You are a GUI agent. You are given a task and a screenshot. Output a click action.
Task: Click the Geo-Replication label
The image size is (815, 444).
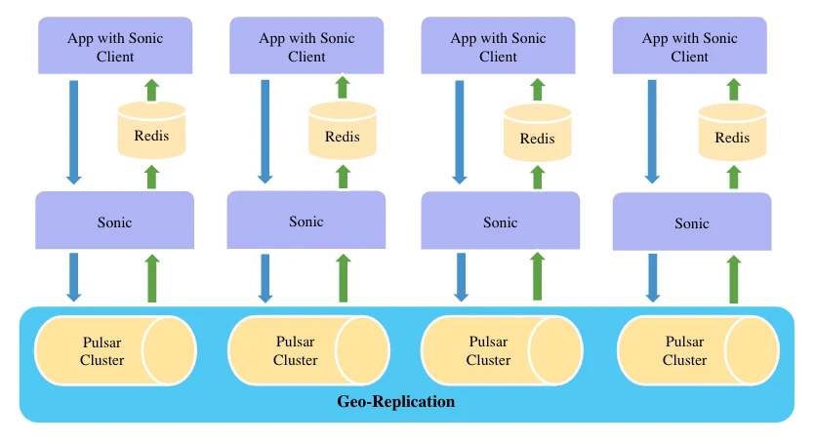395,401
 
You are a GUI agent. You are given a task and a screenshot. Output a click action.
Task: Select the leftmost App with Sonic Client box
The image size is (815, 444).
115,47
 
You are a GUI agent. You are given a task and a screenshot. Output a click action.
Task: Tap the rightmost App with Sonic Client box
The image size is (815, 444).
689,47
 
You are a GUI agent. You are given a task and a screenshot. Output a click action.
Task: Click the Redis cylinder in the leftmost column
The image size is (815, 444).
151,133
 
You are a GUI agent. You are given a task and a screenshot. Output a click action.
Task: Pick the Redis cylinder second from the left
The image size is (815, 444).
342,134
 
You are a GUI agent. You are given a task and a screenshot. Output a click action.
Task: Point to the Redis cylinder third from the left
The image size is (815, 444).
537,136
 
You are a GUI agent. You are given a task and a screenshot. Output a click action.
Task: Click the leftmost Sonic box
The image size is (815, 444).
114,222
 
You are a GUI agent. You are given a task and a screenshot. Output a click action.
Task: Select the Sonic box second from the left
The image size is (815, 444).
306,221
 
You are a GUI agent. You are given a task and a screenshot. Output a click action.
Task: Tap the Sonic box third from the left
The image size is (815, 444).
500,222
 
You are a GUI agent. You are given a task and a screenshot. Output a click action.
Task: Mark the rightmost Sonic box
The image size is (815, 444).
691,222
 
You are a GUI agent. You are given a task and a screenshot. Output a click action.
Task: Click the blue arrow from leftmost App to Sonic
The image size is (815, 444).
73,131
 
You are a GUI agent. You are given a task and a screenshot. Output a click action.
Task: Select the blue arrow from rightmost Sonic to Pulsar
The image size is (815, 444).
653,277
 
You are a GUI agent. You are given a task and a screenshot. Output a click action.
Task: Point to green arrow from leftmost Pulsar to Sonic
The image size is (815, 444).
151,278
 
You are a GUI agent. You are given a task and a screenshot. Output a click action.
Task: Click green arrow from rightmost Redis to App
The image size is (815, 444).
733,90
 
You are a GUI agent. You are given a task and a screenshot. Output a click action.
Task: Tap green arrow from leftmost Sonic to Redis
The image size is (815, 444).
151,177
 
